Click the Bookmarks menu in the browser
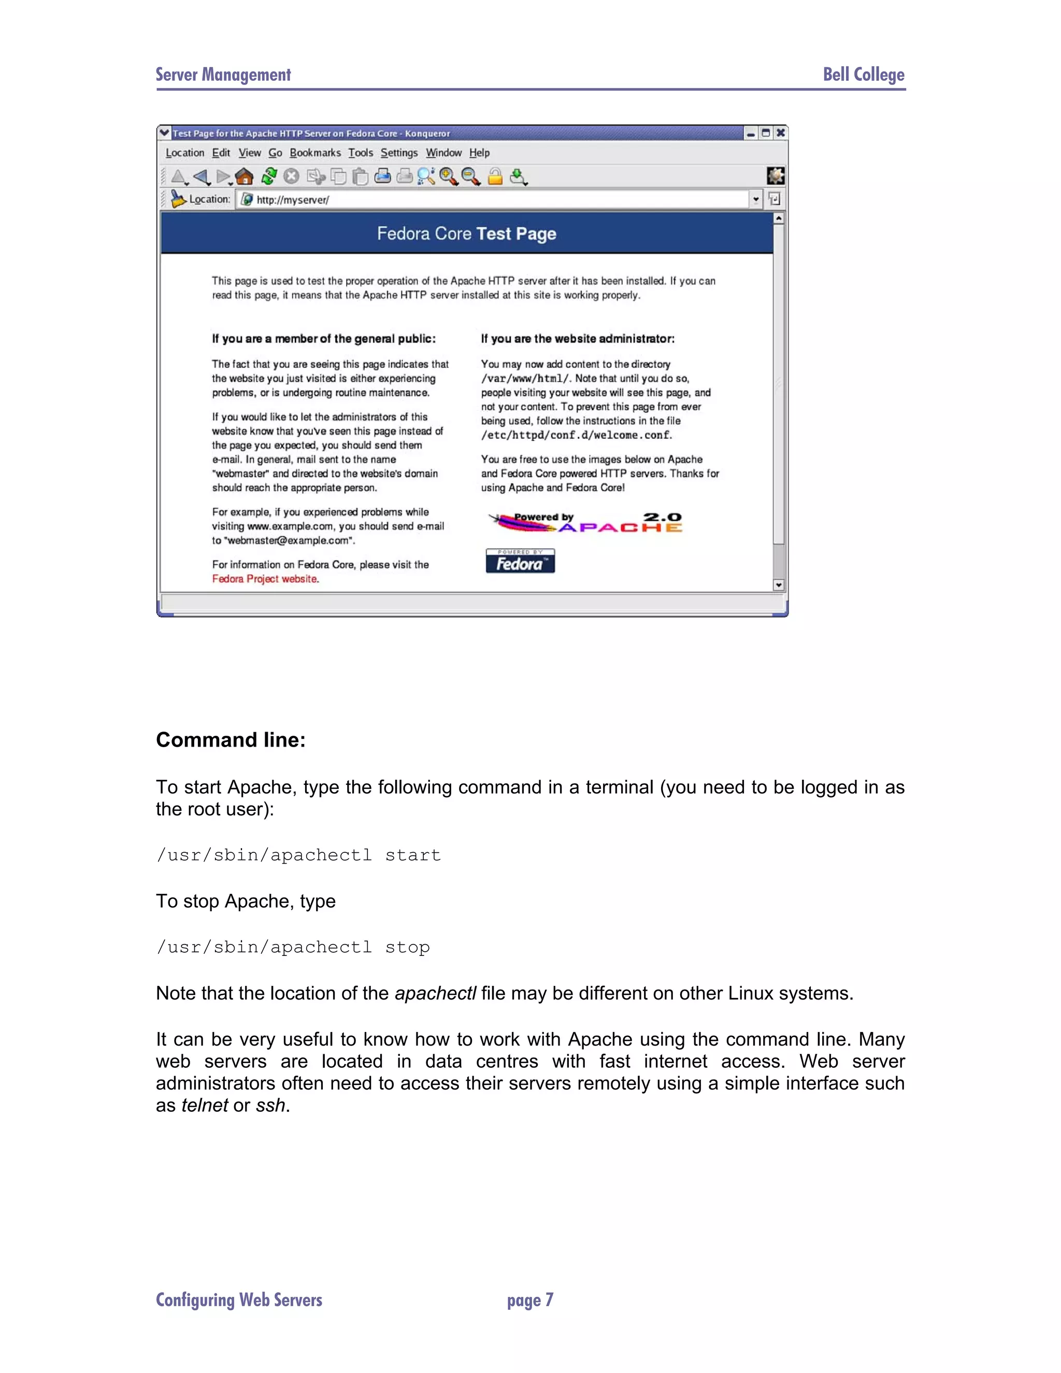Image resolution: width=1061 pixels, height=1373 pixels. (x=315, y=153)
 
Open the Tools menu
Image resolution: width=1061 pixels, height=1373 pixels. (x=360, y=153)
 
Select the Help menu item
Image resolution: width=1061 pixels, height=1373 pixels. (x=479, y=153)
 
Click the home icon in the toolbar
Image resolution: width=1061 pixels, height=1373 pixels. (x=244, y=177)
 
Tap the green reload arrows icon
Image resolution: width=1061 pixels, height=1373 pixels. (x=269, y=177)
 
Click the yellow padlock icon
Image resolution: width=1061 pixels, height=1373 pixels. (x=495, y=177)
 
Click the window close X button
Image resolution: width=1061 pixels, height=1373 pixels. (x=780, y=133)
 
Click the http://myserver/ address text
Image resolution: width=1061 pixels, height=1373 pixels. (x=292, y=200)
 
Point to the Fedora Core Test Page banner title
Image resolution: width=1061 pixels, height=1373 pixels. (x=466, y=234)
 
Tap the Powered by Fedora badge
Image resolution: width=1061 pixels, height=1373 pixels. (x=520, y=561)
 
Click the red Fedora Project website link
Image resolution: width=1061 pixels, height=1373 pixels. (x=265, y=579)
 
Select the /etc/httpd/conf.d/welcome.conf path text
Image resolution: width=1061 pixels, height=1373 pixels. (x=577, y=435)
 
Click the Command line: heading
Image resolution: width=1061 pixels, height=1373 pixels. (x=231, y=740)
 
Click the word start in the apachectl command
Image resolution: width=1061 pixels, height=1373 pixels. (x=412, y=855)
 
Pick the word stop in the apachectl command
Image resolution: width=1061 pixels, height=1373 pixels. (x=407, y=948)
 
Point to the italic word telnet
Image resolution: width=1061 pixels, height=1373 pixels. (x=204, y=1105)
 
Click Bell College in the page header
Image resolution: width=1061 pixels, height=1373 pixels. (x=864, y=75)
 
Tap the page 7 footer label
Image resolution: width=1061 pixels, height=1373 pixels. (x=530, y=1299)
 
